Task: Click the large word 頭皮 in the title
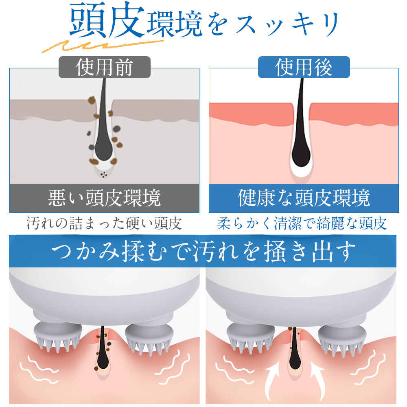[x=107, y=20]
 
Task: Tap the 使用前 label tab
[x=104, y=67]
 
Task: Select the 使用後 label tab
[x=304, y=67]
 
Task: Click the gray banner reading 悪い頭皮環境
[x=104, y=198]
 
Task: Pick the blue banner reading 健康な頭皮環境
[x=304, y=198]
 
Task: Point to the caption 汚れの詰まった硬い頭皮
[x=104, y=223]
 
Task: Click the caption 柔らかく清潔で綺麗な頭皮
[x=302, y=223]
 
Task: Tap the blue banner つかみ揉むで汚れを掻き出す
[x=203, y=251]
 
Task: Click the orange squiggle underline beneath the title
[x=103, y=46]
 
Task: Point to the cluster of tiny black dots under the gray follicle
[x=104, y=175]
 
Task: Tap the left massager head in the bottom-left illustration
[x=58, y=336]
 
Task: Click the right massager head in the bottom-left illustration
[x=149, y=338]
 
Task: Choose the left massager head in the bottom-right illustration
[x=251, y=337]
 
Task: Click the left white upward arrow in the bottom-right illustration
[x=273, y=382]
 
